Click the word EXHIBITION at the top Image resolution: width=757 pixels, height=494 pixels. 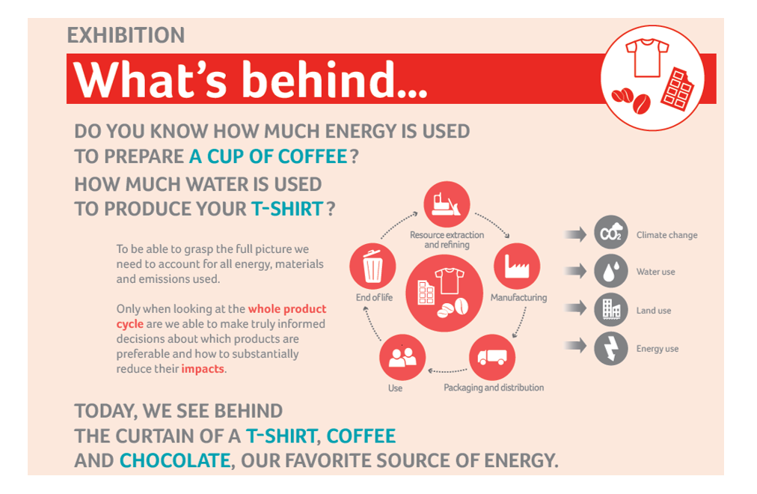[126, 35]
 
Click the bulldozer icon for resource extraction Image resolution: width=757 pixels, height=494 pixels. [446, 204]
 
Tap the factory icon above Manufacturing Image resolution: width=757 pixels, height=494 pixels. [517, 266]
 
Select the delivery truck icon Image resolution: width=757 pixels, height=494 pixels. [492, 357]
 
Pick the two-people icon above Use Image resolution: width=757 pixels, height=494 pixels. [402, 357]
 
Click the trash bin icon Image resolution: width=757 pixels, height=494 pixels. [373, 266]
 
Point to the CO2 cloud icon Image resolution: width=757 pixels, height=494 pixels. [610, 232]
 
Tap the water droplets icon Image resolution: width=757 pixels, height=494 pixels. [610, 271]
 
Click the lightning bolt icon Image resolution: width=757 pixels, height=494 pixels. [610, 348]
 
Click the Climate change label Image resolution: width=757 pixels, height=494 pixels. [666, 235]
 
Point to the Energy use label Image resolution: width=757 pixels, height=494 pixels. [657, 349]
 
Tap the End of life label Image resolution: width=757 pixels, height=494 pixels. [374, 297]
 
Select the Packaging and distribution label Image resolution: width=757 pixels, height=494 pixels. [494, 388]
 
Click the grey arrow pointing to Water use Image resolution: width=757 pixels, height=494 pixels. [575, 271]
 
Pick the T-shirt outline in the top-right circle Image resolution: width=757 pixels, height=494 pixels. [647, 58]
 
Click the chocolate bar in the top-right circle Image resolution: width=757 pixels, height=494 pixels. [678, 89]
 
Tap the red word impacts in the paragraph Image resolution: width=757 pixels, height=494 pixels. [203, 369]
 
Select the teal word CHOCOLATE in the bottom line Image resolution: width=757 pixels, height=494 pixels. [175, 460]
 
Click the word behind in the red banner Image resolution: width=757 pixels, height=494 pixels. [334, 79]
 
